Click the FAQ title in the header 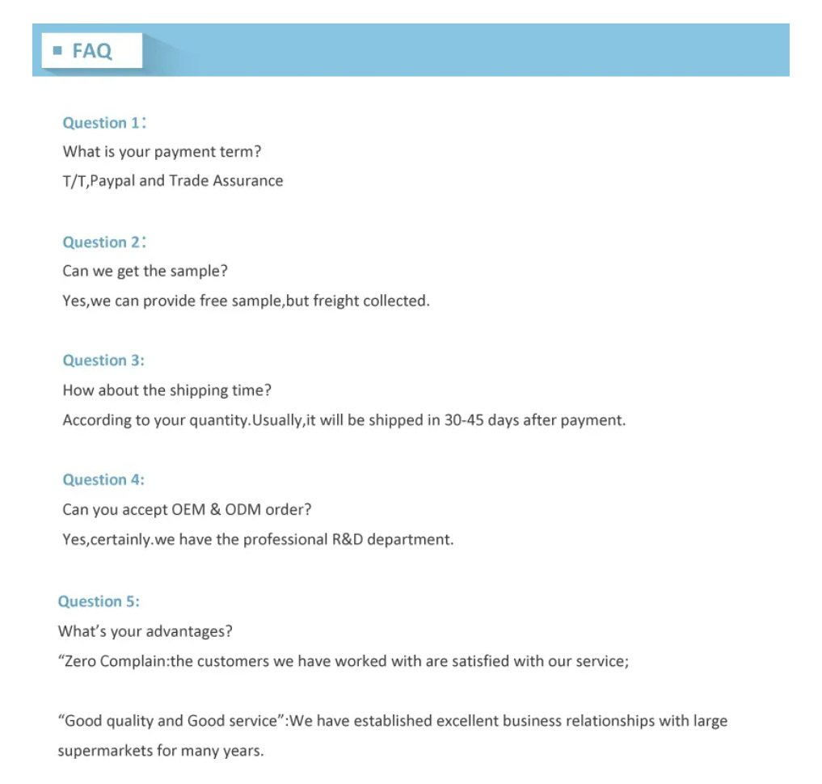point(92,51)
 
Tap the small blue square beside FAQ point(57,51)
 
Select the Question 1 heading point(101,123)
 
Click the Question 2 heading point(101,242)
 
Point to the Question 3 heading point(103,360)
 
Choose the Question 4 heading point(103,480)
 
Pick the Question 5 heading point(99,601)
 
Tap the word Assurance point(248,181)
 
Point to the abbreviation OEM point(188,510)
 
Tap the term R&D point(348,539)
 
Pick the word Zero point(79,661)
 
